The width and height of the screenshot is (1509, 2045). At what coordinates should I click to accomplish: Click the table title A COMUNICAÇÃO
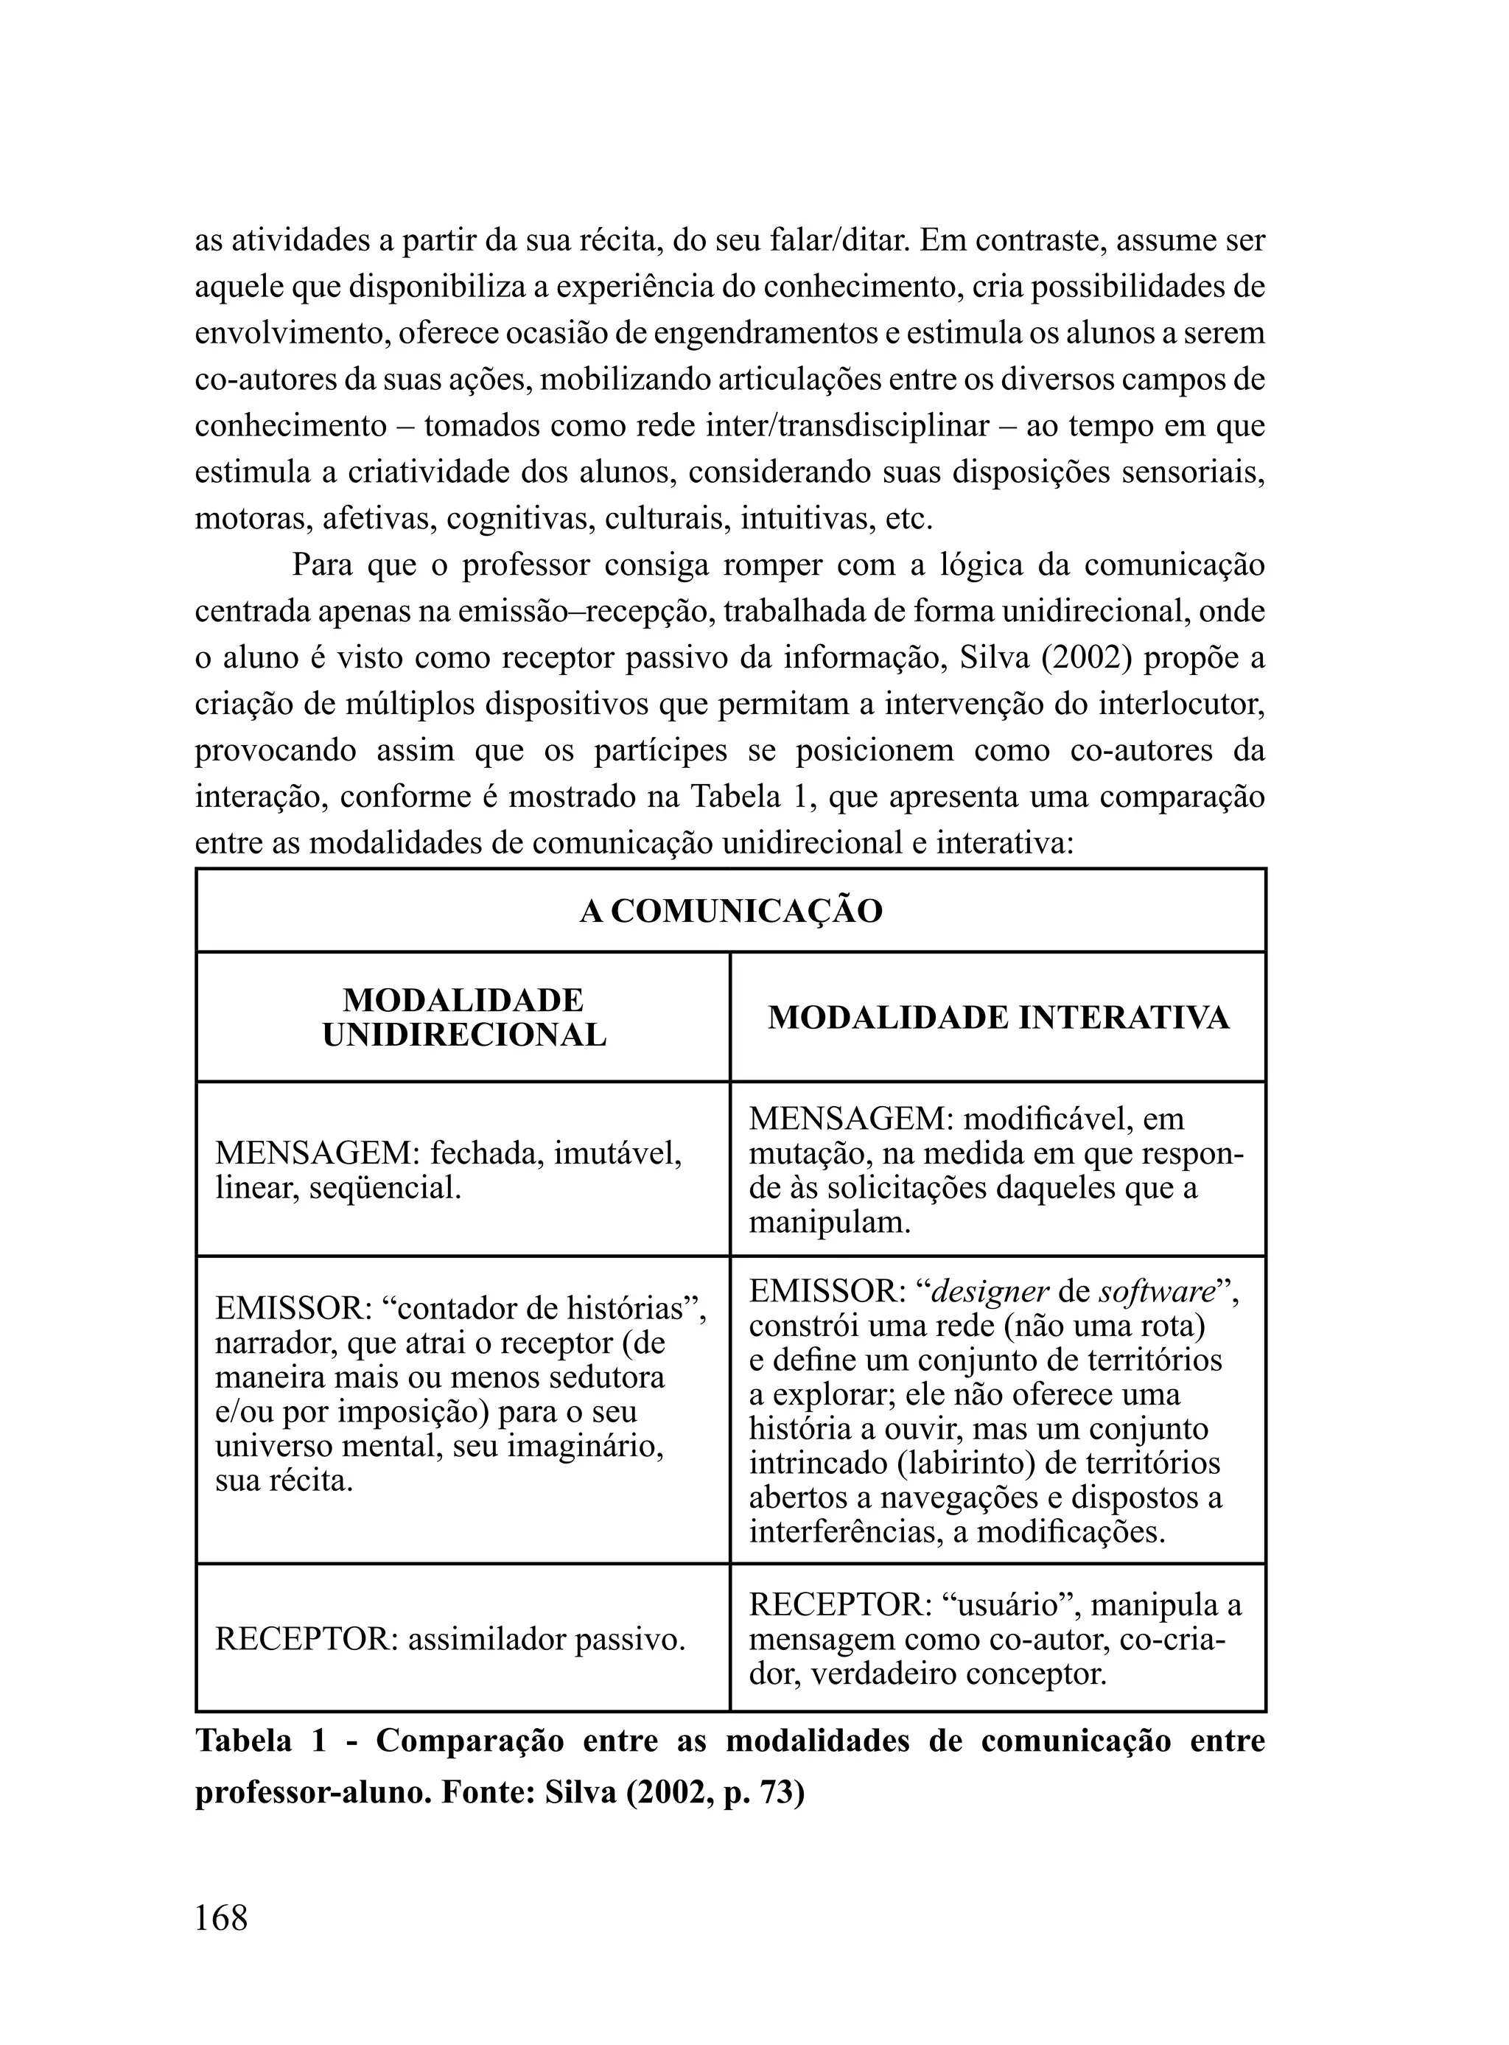(731, 912)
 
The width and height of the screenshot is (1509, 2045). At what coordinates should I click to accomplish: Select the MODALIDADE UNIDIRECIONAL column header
(463, 1018)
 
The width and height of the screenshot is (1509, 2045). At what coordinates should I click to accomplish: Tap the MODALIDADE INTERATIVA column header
(998, 1018)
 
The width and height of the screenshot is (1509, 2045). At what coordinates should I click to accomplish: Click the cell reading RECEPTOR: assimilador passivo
(450, 1640)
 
